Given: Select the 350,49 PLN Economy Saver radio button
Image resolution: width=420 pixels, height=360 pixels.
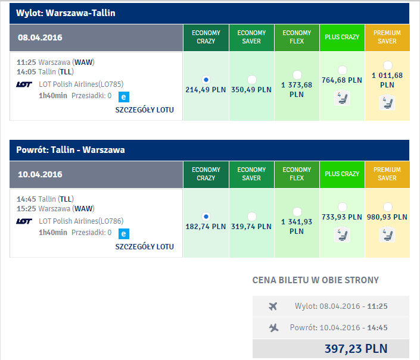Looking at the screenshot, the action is (251, 80).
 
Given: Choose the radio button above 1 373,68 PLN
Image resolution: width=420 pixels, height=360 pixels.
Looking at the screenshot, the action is (297, 75).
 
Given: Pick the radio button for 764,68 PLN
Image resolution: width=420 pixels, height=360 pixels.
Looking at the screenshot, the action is (343, 70).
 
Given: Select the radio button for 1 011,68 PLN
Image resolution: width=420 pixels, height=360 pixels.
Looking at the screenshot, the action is (388, 65).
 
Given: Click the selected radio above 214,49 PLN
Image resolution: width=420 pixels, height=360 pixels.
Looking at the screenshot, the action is (206, 80).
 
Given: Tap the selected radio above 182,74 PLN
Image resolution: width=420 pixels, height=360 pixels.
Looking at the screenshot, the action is (206, 217).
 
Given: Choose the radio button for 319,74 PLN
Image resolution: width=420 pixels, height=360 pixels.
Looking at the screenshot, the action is (251, 217).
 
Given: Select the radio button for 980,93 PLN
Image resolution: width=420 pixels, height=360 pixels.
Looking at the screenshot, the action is (388, 207).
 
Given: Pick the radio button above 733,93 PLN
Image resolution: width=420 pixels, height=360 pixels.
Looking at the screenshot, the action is (343, 207).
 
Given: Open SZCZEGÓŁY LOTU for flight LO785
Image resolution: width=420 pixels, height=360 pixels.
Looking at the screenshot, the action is (144, 110).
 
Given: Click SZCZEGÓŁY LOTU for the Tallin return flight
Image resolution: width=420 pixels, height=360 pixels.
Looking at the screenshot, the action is (144, 247).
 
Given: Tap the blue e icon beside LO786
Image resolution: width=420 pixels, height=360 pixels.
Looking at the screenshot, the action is (124, 234).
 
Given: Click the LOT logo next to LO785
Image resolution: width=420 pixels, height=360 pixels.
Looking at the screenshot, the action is (24, 84).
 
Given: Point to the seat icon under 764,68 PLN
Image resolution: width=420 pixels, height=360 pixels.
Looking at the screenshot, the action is (342, 98).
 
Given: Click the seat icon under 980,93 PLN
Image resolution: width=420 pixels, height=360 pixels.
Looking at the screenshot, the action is (387, 235).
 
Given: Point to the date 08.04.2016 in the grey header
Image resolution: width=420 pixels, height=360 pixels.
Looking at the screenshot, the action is (40, 37).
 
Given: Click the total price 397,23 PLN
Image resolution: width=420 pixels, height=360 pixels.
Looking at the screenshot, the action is (356, 349).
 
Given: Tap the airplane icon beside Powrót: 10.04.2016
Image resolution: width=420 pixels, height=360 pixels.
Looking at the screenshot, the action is (273, 328).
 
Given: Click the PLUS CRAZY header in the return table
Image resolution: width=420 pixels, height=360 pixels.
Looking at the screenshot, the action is (342, 174).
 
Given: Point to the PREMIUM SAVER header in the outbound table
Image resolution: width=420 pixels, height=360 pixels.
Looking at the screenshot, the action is (387, 37).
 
